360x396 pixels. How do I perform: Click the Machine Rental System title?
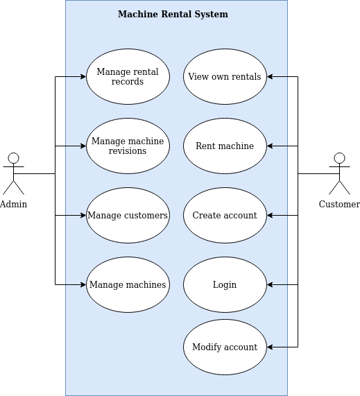173,15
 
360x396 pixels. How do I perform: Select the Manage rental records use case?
128,76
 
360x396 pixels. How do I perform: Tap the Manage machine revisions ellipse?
128,146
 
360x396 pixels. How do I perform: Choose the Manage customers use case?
128,215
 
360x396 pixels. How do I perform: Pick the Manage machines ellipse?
128,284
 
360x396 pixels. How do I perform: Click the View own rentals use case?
225,76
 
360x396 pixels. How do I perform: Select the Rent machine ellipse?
225,146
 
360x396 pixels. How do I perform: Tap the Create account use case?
225,215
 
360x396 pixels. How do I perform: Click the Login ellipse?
225,284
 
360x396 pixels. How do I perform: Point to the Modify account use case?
225,347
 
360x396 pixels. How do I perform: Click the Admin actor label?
13,204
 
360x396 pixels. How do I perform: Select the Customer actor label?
339,204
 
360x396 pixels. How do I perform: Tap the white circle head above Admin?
13,158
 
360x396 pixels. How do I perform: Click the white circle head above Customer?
339,158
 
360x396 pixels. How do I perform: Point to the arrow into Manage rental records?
76,76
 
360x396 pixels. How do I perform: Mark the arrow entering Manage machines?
76,284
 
